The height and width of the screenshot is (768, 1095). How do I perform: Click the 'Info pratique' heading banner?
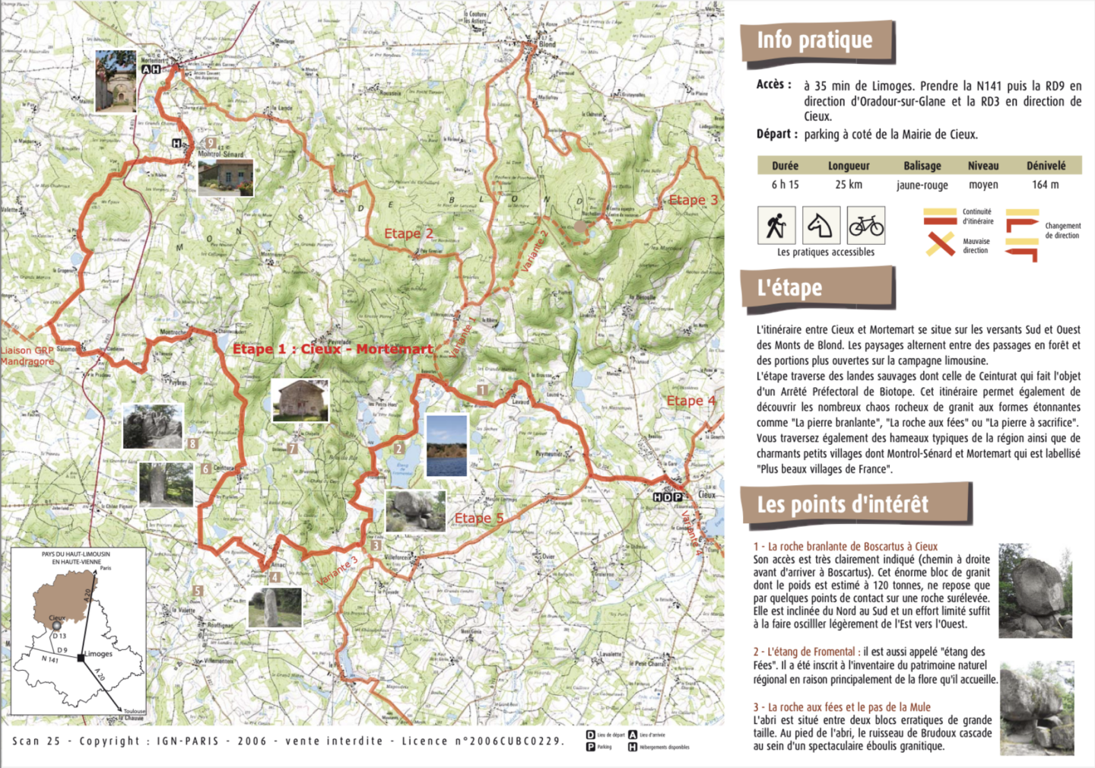coord(815,40)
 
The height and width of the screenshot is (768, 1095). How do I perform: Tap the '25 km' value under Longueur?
coord(849,185)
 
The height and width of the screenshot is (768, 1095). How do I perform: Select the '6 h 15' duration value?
coord(785,185)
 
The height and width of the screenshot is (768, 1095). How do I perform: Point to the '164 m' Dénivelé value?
coord(1046,185)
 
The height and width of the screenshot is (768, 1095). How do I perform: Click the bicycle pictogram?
coord(866,225)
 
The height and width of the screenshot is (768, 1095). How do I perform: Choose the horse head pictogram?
coord(821,225)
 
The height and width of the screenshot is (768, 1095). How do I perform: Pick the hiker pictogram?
coord(776,225)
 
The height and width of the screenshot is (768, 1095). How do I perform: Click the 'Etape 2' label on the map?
coord(408,233)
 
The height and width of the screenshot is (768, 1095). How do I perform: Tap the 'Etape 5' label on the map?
coord(479,519)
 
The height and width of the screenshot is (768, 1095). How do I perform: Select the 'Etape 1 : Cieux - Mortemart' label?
coord(333,349)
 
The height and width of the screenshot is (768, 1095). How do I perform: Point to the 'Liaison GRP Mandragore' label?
coord(27,356)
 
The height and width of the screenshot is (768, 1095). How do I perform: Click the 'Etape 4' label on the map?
coord(690,401)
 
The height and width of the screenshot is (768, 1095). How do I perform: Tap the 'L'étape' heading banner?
coord(790,288)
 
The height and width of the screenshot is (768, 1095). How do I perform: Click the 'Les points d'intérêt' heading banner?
coord(843,504)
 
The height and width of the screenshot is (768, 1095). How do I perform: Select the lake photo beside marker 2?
coord(447,446)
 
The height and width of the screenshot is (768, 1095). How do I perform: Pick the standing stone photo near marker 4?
coord(275,608)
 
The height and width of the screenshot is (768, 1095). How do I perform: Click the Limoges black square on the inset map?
coord(81,658)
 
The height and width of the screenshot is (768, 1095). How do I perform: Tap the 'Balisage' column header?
coord(922,166)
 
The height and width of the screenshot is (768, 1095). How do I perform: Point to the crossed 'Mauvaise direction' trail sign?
coord(941,244)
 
